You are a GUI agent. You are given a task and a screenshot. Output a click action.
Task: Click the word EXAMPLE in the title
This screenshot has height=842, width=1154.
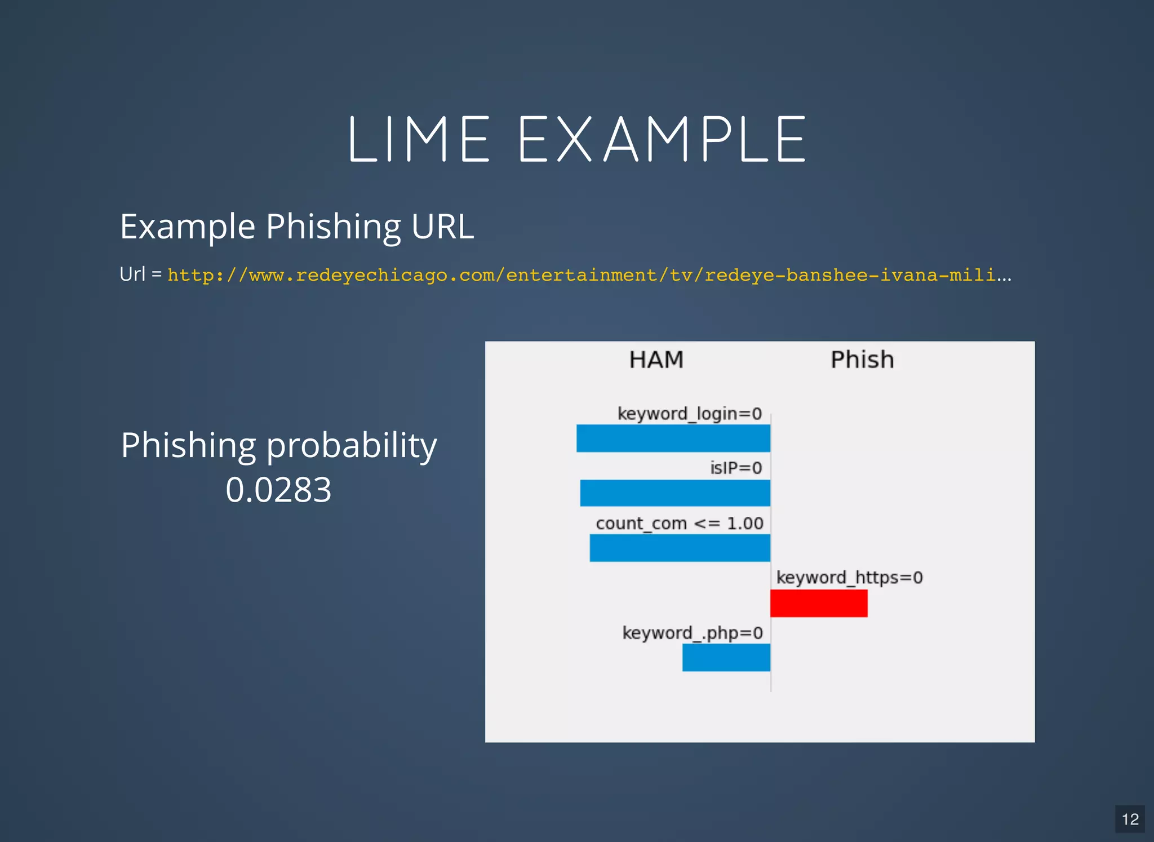coord(662,139)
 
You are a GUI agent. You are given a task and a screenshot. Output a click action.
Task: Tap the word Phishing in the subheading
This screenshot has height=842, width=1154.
coord(333,227)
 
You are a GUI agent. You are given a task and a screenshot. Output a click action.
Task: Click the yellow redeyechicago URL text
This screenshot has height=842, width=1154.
coord(589,275)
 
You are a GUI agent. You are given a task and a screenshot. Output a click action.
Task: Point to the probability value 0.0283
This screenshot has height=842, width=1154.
coord(278,489)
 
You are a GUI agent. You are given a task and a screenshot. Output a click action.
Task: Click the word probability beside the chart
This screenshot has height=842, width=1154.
coord(351,445)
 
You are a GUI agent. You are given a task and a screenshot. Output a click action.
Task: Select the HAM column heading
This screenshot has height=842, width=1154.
coord(656,360)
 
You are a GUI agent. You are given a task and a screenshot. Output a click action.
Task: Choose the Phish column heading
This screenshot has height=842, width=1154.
coord(862,360)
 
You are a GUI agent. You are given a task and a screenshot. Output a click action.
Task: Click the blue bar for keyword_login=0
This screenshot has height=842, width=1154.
coord(673,438)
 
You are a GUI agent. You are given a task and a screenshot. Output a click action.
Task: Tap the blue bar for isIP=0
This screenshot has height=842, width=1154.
coord(674,493)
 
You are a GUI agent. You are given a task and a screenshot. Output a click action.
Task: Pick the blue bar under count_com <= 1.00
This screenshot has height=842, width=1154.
coord(680,548)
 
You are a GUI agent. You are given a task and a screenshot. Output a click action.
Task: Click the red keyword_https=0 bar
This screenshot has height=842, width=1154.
coord(818,603)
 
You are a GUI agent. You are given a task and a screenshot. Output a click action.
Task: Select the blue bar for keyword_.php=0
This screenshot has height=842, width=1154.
coord(726,657)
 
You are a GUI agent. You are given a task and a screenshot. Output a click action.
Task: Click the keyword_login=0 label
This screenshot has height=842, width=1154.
coord(689,414)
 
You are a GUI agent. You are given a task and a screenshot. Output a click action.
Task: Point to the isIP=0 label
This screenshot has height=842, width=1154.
coord(735,468)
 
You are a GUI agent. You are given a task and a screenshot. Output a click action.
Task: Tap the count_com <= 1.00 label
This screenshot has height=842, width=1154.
coord(679,523)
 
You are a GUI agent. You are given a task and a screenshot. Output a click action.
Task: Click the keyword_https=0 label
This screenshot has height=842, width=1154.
coord(849,578)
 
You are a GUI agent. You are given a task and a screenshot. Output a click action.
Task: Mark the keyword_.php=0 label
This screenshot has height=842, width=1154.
coord(692,633)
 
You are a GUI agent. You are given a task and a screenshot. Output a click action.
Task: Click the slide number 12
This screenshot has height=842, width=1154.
coord(1130,819)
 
